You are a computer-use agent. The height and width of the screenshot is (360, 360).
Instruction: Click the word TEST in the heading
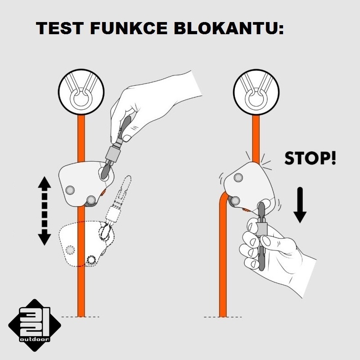tap(59, 28)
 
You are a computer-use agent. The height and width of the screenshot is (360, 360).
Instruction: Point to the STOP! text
tap(310, 158)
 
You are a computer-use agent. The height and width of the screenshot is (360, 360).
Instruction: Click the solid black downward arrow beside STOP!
tap(300, 205)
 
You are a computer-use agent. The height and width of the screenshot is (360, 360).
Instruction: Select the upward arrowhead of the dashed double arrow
tap(44, 182)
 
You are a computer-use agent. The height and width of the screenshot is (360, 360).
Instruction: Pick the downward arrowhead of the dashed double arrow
tap(44, 239)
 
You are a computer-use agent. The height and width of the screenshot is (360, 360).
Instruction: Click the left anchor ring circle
tap(81, 92)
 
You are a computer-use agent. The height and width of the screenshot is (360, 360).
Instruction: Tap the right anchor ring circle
tap(256, 92)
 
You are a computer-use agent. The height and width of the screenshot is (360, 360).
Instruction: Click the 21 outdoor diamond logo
tap(35, 325)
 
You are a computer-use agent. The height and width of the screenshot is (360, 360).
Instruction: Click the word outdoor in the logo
tap(35, 339)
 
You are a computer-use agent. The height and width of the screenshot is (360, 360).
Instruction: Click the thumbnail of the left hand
tap(126, 138)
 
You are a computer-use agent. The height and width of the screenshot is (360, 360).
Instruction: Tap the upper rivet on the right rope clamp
tap(238, 177)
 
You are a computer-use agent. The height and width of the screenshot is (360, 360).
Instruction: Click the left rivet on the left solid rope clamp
tap(70, 190)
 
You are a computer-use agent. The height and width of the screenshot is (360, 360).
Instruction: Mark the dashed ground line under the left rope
tap(81, 317)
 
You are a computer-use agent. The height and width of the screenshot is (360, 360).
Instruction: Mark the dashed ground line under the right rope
tap(223, 317)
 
